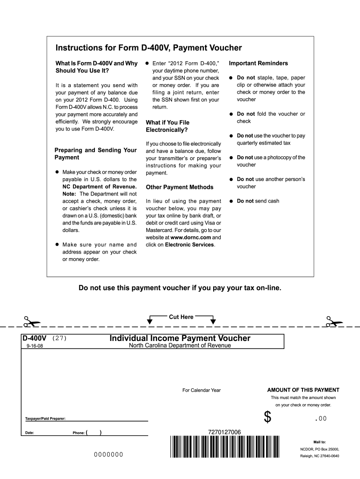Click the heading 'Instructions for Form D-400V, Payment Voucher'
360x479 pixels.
[x=149, y=48]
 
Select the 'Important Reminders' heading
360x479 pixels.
[x=258, y=63]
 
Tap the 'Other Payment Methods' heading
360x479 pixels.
[x=180, y=187]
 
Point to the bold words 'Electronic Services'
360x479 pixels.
[x=189, y=245]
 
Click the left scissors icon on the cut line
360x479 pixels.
[x=31, y=322]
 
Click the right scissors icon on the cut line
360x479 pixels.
[x=334, y=322]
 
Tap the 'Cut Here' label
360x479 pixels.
[x=181, y=317]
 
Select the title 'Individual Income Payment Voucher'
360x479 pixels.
[x=180, y=338]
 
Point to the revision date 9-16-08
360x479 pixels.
[x=34, y=347]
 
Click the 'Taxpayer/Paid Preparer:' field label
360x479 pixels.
[x=45, y=418]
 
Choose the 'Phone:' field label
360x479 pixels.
[x=79, y=433]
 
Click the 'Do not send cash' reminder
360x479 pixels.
[x=258, y=201]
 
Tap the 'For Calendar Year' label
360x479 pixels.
[x=201, y=390]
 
